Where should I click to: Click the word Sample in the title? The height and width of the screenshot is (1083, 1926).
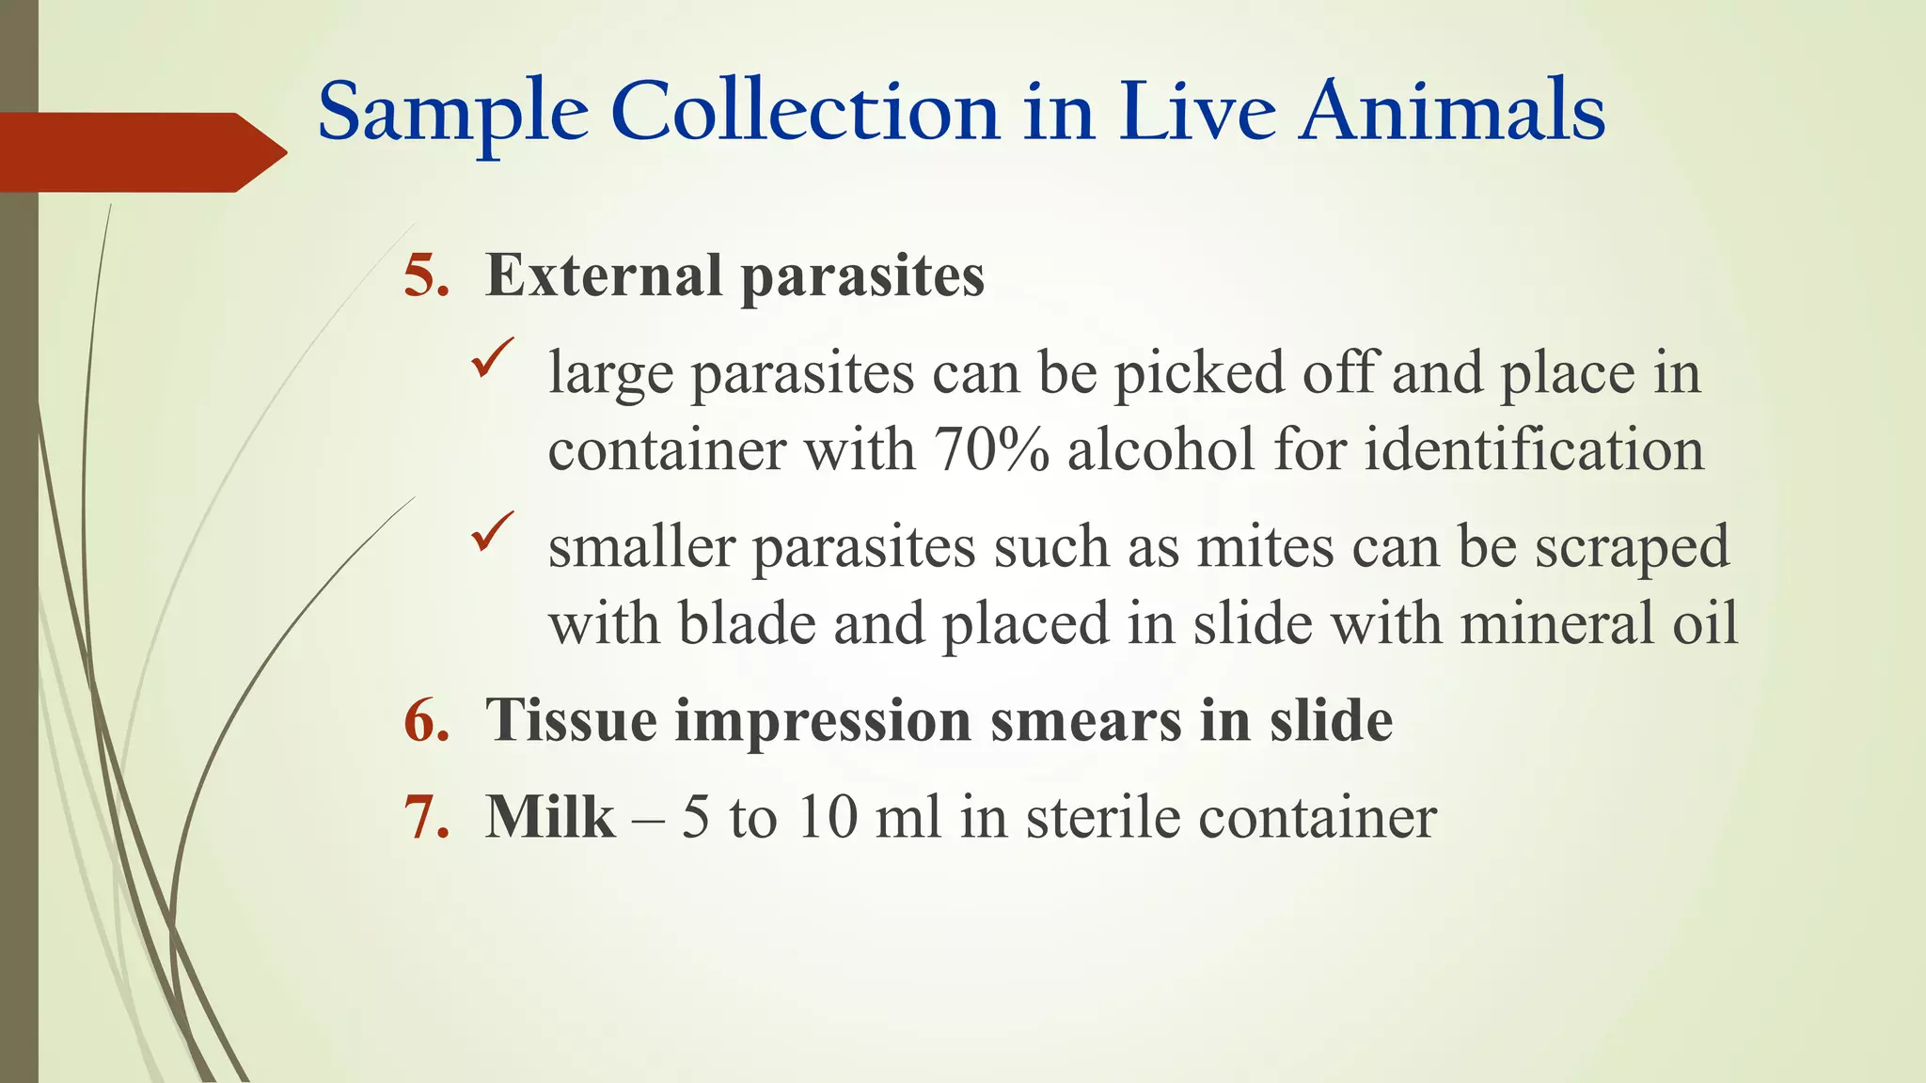tap(453, 113)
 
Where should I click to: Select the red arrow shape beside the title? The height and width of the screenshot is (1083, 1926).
tap(141, 152)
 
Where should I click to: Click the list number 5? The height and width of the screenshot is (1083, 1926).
tap(425, 276)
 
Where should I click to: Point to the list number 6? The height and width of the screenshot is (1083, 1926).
tap(425, 721)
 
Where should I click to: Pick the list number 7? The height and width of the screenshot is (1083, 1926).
tap(425, 817)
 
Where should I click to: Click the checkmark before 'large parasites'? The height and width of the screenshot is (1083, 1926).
tap(492, 358)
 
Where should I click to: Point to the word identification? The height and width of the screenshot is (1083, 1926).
tap(1534, 449)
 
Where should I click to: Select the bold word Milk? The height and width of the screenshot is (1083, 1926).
tap(550, 817)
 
